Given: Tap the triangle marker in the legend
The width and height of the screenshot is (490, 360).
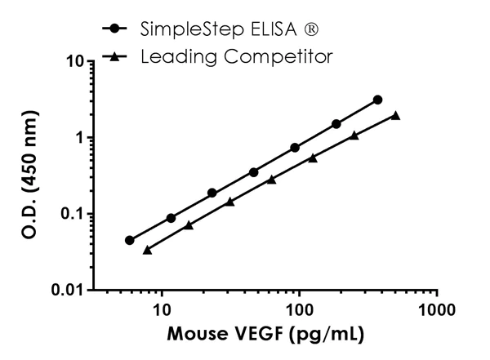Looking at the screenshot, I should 122,56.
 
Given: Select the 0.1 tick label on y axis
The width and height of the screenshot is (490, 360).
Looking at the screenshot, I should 74,214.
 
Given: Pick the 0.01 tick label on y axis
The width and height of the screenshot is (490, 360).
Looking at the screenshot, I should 70,291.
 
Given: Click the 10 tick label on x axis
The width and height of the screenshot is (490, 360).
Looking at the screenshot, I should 163,311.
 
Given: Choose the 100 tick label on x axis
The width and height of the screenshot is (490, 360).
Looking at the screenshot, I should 300,311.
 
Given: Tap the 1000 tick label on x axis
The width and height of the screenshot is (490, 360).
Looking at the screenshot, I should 437,311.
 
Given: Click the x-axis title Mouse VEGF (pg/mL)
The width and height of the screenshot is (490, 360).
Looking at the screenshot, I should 266,336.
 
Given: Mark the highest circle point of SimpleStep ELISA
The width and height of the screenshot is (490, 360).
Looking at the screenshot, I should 377,100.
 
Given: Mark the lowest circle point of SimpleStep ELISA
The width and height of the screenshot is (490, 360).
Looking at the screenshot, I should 129,240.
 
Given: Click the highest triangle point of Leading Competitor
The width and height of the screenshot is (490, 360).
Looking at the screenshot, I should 395,115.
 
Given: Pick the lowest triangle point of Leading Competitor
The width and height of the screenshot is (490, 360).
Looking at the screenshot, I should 147,250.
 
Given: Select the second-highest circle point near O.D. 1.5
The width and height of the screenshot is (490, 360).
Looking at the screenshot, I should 336,124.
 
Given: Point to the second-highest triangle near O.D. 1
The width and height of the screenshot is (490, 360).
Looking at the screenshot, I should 354,136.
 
